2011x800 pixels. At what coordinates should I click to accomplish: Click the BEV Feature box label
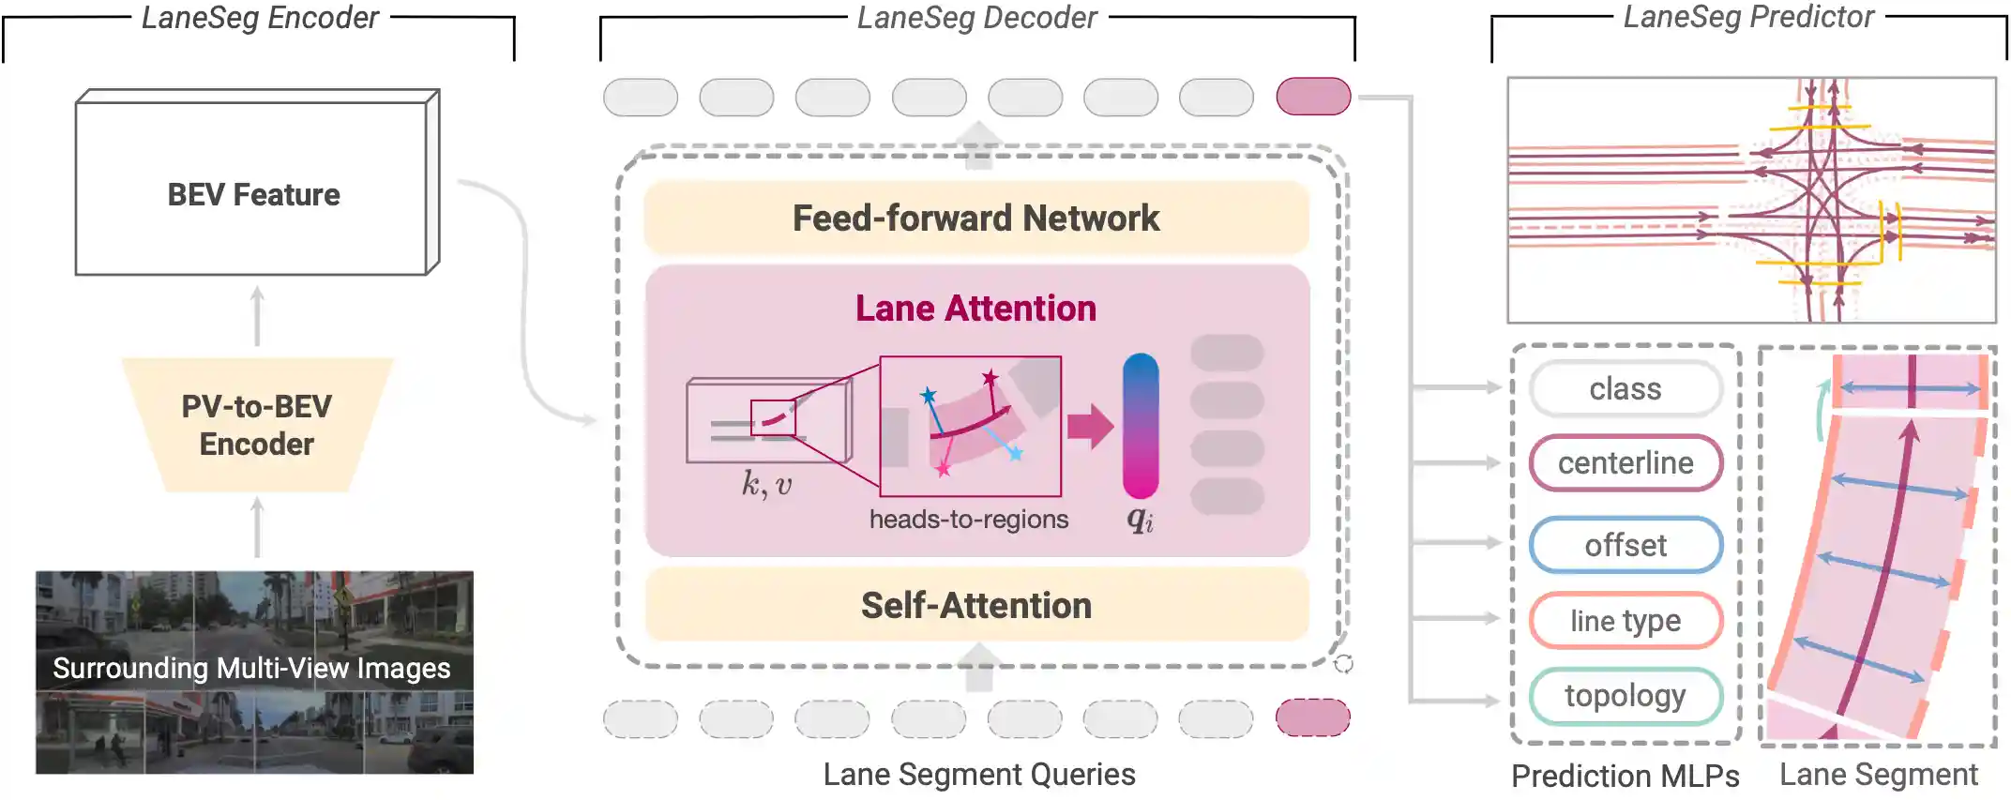253,194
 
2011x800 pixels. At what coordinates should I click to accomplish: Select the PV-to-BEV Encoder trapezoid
256,425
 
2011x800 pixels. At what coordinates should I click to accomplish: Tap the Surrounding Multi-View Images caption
251,668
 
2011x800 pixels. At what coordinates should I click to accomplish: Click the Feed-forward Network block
975,218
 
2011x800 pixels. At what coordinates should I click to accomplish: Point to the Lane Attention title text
975,309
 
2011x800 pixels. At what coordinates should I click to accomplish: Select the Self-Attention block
975,605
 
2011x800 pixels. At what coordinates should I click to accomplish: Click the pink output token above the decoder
1313,97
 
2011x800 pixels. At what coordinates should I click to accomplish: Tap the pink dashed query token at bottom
1313,717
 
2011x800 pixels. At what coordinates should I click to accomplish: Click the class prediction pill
1625,388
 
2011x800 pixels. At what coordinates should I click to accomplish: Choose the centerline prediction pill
1625,462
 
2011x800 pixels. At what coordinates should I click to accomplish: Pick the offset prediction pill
1625,545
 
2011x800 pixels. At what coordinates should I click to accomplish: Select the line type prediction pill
1625,620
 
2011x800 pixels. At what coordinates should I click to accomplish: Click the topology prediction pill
1625,695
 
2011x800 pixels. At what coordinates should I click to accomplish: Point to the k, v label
766,484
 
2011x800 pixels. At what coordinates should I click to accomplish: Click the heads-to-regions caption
968,519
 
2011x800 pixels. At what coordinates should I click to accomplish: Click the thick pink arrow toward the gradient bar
1090,427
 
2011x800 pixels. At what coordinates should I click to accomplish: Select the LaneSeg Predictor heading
1748,17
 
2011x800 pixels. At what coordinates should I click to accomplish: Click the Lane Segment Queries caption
978,774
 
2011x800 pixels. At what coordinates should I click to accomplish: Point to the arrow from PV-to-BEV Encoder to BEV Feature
258,317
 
